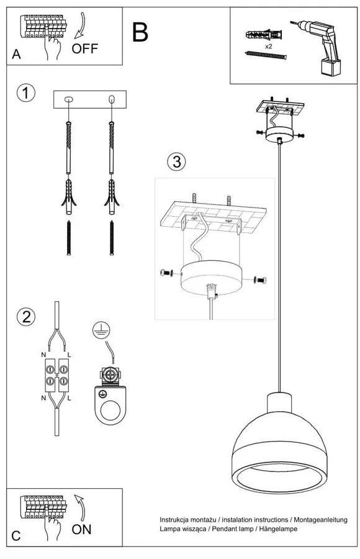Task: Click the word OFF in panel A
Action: pos(85,48)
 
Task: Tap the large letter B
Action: pos(140,32)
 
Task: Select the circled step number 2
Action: pos(25,317)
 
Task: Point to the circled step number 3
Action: pos(176,162)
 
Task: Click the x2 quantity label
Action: pos(268,47)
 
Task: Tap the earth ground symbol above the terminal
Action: pos(98,331)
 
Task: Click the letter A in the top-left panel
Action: pos(16,55)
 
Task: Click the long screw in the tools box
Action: pos(266,55)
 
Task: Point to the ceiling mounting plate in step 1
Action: pos(90,99)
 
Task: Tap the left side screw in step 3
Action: pos(164,272)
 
